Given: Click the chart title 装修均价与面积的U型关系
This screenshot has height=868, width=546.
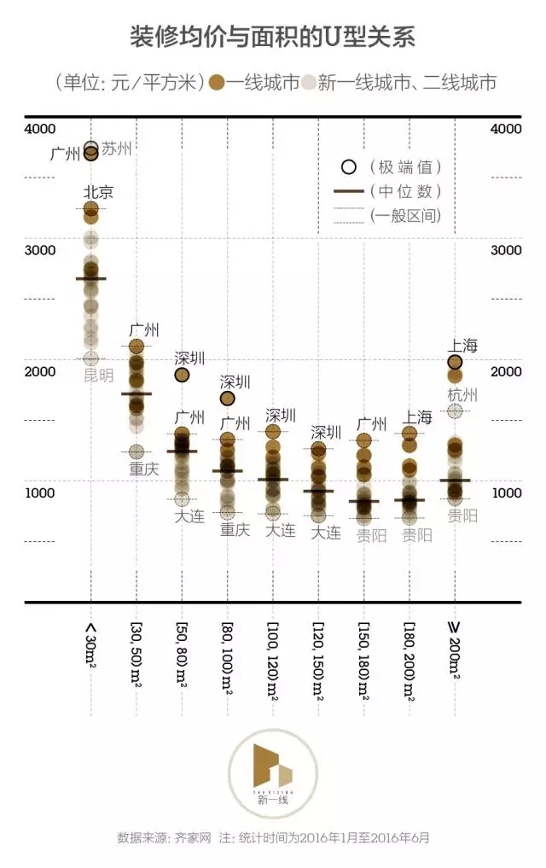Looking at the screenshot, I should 273,37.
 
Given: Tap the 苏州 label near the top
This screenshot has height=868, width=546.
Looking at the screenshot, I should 117,148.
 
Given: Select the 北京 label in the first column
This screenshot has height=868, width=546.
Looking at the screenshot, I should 98,192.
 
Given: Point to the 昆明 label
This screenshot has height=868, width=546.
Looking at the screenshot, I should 98,376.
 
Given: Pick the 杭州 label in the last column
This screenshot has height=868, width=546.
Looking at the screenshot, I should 462,395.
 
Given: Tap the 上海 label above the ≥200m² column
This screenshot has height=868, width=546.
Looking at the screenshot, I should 462,345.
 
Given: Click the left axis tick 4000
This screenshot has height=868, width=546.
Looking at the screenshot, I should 41,129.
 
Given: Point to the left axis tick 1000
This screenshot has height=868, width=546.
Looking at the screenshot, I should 41,493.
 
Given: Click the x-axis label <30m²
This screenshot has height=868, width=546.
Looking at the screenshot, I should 91,645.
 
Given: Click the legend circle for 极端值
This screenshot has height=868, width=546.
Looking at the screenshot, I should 347,167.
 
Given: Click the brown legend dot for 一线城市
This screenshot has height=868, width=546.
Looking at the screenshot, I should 217,83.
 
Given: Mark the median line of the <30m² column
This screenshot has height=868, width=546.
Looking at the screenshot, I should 91,278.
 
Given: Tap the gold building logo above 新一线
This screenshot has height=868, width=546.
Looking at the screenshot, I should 272,767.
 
